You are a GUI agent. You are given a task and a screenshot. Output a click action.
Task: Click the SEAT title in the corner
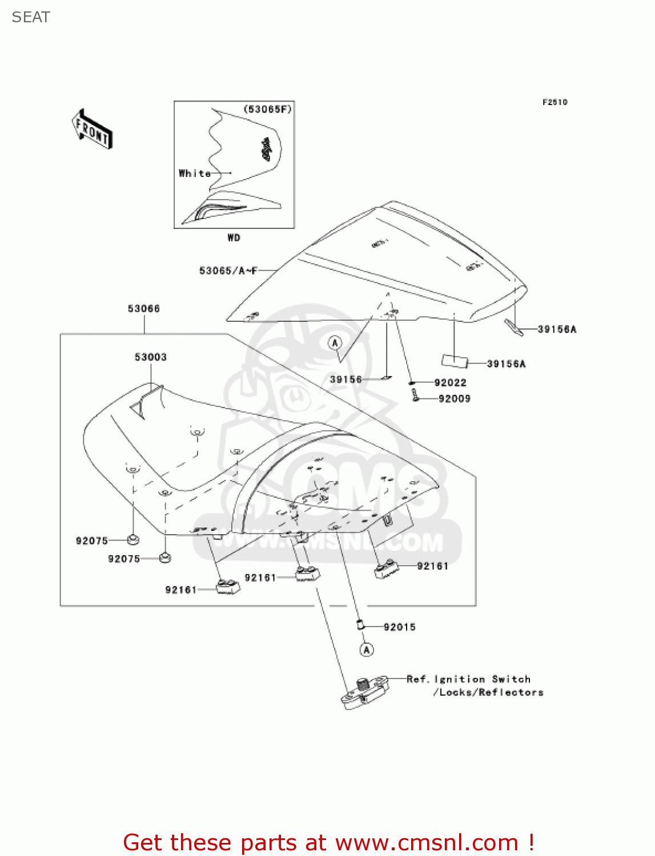coord(31,17)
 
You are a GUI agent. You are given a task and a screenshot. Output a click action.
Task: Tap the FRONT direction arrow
coord(92,130)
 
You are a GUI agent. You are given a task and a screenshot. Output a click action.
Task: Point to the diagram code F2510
coord(554,102)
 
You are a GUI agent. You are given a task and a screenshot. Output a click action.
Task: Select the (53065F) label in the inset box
coord(267,109)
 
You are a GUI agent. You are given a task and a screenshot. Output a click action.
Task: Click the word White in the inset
coord(194,173)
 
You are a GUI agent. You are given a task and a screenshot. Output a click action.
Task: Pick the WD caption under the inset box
coord(234,237)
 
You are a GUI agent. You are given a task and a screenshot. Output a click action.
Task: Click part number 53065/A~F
coord(228,270)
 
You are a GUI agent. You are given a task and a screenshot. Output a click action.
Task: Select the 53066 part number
coord(144,309)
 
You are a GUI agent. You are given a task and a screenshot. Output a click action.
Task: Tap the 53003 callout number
coord(151,357)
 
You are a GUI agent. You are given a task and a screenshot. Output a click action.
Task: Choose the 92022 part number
coord(450,383)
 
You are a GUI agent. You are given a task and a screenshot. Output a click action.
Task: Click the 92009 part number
coord(454,399)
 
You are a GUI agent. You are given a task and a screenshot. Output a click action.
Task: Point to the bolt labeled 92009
coord(416,394)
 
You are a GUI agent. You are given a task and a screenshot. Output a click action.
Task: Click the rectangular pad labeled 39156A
coord(455,361)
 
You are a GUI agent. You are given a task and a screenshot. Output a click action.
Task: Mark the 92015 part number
coord(399,627)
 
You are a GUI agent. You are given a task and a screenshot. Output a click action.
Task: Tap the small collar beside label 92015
coord(360,625)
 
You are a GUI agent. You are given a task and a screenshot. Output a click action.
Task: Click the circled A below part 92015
coord(367,649)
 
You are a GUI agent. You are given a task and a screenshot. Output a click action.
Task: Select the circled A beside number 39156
coord(335,343)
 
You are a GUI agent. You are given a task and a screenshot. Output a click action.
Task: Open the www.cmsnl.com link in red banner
coord(427,843)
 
